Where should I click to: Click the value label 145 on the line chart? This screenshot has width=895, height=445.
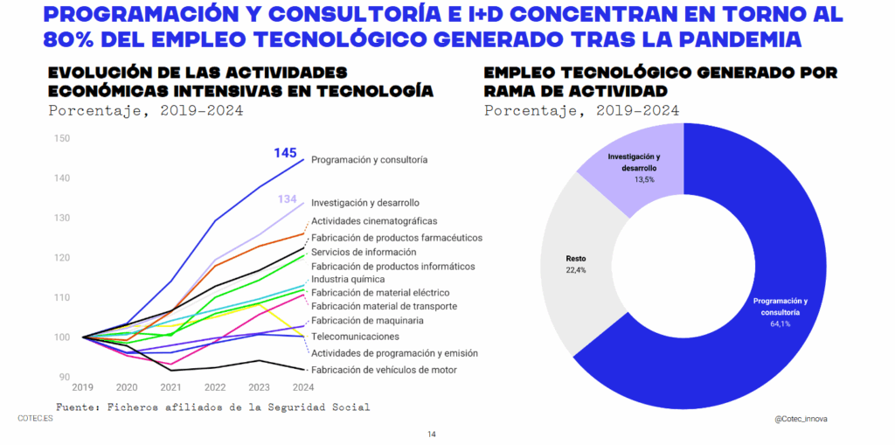[285, 153]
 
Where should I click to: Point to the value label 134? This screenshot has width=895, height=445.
[288, 199]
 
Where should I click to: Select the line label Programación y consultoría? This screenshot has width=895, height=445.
[369, 160]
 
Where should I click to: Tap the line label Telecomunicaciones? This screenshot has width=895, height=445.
[355, 337]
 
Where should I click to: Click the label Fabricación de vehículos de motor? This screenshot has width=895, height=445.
[384, 370]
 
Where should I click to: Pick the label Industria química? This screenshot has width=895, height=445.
[348, 279]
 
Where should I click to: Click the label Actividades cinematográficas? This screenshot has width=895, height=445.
[374, 221]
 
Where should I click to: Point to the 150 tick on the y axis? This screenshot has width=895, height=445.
[61, 138]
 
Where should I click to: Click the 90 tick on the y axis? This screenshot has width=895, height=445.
[64, 377]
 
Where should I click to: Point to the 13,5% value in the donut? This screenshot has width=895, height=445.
[644, 179]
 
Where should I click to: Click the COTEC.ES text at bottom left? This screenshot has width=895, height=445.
[36, 419]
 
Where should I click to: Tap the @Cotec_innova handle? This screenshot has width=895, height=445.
[801, 419]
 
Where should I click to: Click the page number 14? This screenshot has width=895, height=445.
[432, 435]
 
